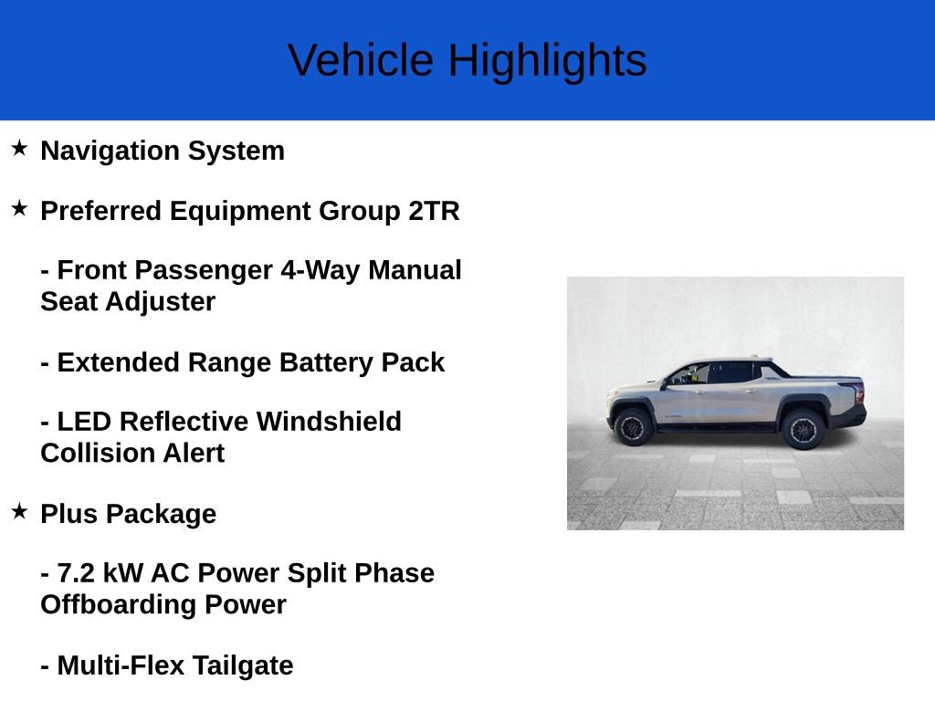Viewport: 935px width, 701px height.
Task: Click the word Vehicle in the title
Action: (361, 60)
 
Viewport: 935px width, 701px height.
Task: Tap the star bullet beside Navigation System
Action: (19, 148)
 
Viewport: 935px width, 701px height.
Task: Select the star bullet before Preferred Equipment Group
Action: (19, 208)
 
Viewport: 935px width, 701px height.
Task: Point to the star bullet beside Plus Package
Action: (19, 511)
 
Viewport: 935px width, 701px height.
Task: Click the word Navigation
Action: (110, 152)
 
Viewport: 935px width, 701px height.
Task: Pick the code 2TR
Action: (434, 211)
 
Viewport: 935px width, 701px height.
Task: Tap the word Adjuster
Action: (161, 302)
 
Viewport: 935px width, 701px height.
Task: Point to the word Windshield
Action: (329, 422)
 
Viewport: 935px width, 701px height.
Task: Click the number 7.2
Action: (76, 573)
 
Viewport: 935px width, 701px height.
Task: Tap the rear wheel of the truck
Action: (803, 429)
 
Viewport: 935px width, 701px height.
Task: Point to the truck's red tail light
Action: (858, 392)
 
